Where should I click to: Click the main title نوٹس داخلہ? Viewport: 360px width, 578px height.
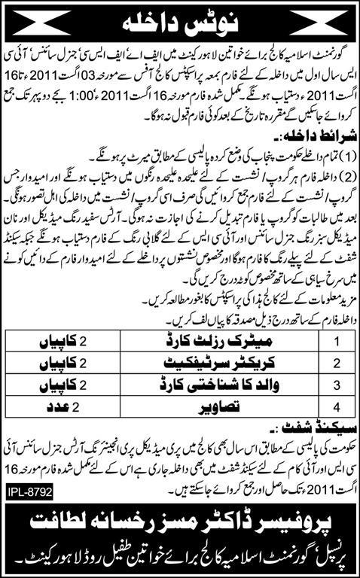tap(179, 21)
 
